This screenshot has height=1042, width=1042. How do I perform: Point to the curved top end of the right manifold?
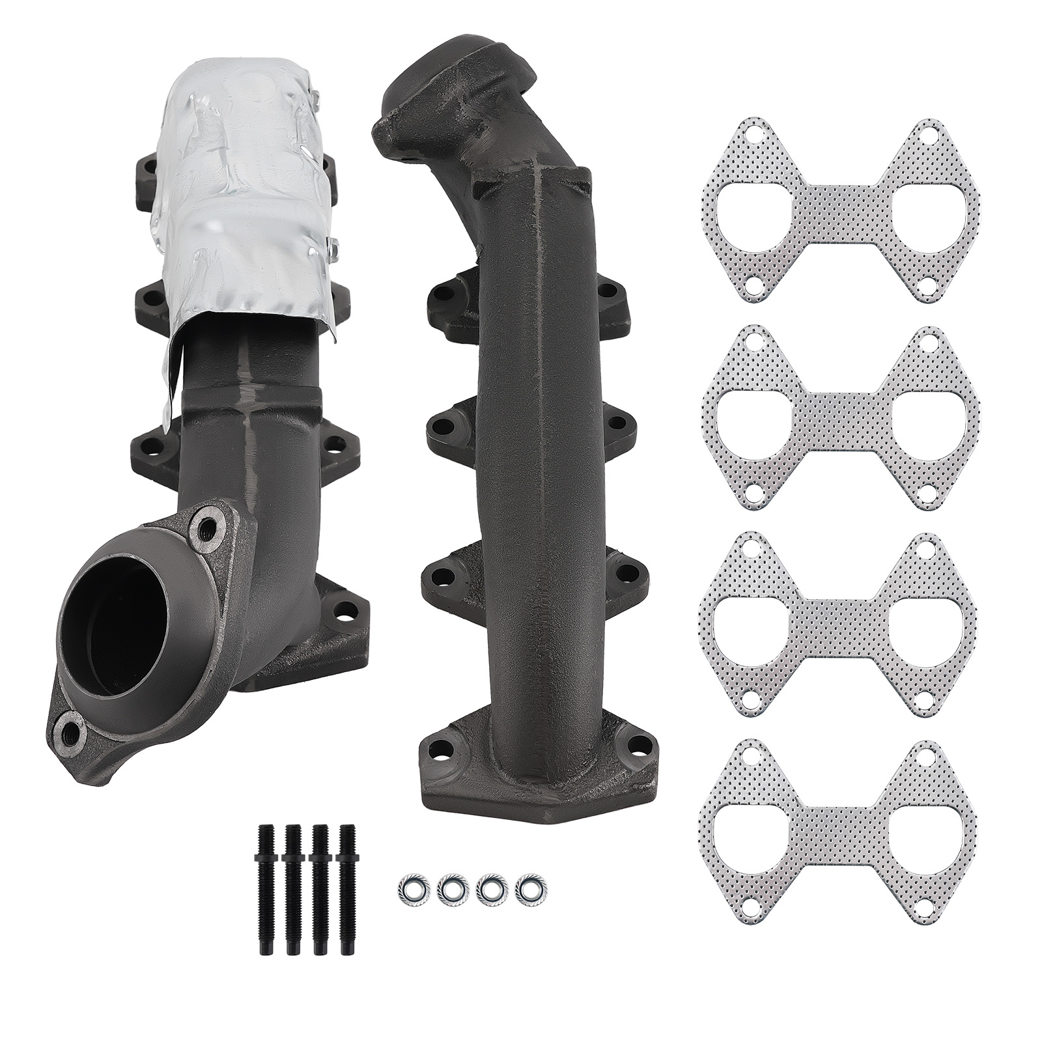[x=423, y=85]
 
